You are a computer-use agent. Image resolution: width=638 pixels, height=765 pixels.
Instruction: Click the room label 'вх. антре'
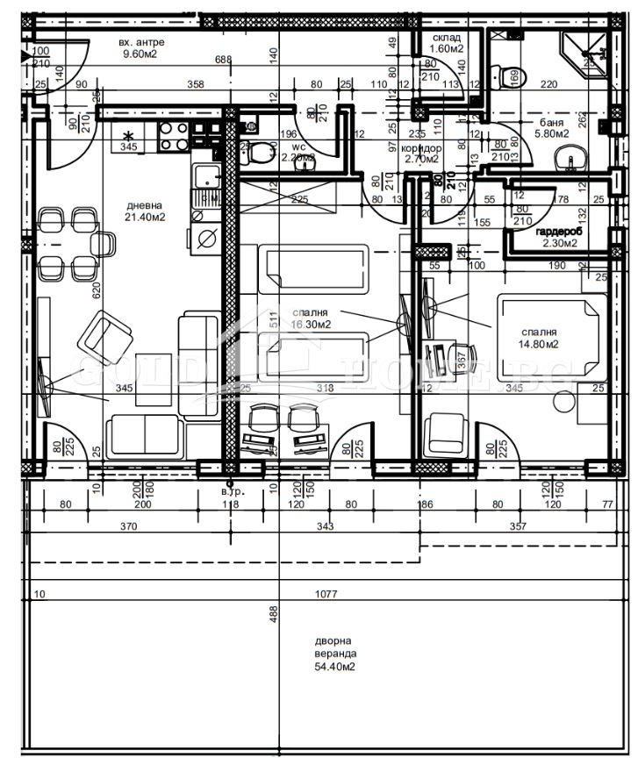(141, 41)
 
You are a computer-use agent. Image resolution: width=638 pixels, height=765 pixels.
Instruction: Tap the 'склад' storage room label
(447, 38)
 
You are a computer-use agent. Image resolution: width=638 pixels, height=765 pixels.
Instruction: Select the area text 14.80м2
(539, 345)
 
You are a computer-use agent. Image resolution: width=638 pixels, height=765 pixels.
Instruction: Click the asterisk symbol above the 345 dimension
(130, 135)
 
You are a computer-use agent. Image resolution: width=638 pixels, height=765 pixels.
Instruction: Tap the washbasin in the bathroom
(570, 161)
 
